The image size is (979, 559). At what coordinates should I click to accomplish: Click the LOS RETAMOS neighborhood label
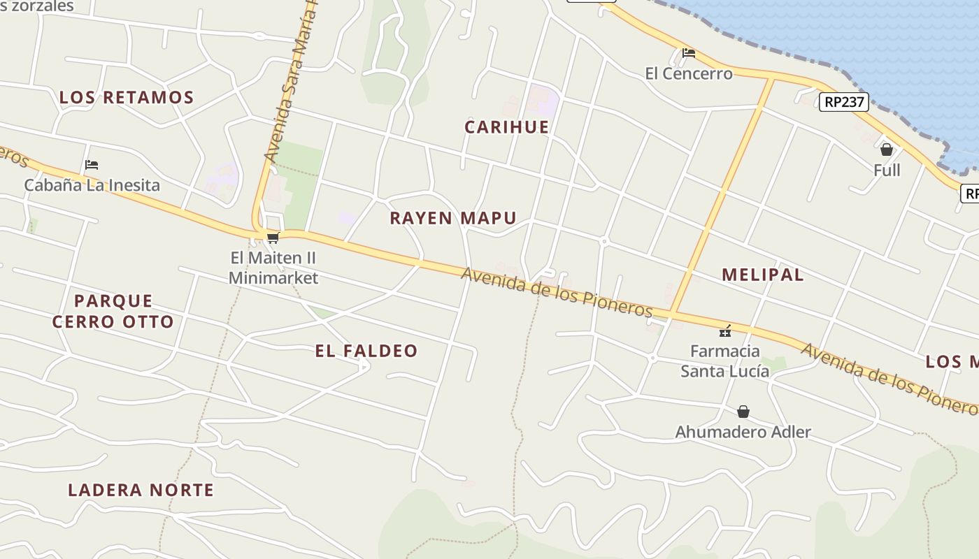(126, 98)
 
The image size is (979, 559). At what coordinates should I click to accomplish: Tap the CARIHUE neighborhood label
(507, 127)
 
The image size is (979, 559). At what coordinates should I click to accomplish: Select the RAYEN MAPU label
(453, 218)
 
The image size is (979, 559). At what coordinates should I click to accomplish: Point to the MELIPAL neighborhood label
(763, 275)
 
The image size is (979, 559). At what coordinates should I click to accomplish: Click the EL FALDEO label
(366, 351)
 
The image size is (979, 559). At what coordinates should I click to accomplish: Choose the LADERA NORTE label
(141, 490)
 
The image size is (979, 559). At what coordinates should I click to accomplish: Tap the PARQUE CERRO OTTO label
(113, 312)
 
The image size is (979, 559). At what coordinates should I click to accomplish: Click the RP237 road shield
(844, 102)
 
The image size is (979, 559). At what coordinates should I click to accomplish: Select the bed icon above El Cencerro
(689, 53)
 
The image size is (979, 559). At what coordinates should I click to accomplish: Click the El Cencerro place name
(689, 73)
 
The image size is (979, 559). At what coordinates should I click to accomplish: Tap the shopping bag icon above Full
(887, 150)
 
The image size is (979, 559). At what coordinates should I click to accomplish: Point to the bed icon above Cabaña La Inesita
(92, 165)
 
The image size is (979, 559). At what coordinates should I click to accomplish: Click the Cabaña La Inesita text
(92, 185)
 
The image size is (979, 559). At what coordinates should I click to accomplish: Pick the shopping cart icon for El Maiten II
(273, 238)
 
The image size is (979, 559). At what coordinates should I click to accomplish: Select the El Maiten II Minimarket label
(273, 268)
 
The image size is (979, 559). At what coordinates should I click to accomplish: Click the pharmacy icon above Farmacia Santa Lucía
(725, 331)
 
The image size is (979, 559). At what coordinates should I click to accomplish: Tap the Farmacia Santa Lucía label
(725, 361)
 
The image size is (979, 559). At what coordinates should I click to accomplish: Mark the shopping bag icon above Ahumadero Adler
(743, 412)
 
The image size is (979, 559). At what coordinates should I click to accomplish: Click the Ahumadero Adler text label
(743, 432)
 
